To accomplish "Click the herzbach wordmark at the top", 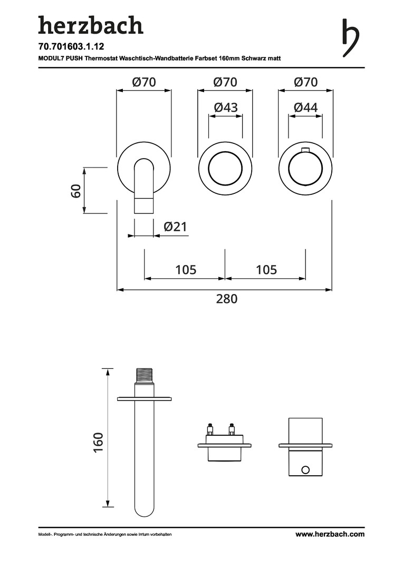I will coord(90,25).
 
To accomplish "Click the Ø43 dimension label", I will coord(225,107).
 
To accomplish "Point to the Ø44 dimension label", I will coord(305,107).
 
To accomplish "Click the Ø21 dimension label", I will coord(175,227).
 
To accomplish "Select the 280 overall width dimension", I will coord(227,299).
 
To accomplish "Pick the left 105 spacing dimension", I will coord(185,270).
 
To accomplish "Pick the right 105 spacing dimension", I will coord(266,270).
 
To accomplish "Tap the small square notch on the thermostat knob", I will coord(305,153).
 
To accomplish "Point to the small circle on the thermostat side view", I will coord(305,469).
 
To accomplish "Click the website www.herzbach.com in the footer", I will coord(330,534).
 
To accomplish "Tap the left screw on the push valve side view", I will coord(210,427).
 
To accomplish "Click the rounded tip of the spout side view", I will coord(145,510).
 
